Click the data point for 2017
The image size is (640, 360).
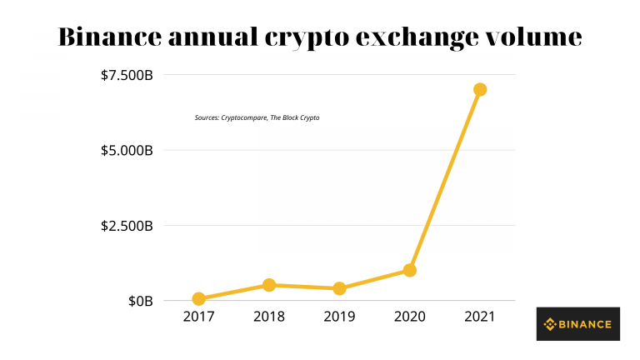pyautogui.click(x=198, y=298)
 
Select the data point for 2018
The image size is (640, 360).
pyautogui.click(x=269, y=285)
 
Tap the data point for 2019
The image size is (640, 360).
pyautogui.click(x=339, y=288)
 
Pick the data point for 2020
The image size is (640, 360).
pyautogui.click(x=409, y=270)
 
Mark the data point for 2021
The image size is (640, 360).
pyautogui.click(x=480, y=89)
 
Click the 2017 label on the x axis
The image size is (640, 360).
pyautogui.click(x=198, y=317)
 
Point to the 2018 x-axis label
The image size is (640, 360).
pyautogui.click(x=269, y=317)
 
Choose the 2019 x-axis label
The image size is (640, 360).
pyautogui.click(x=339, y=317)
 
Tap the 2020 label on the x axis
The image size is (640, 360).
pyautogui.click(x=409, y=317)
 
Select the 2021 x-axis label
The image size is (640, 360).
pyautogui.click(x=480, y=317)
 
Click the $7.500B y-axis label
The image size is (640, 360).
pyautogui.click(x=127, y=76)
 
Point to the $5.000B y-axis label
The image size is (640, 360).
pyautogui.click(x=127, y=151)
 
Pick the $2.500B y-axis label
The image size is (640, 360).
pyautogui.click(x=127, y=226)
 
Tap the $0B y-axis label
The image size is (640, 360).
pyautogui.click(x=140, y=301)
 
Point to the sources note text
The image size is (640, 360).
pyautogui.click(x=257, y=118)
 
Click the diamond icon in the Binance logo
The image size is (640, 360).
pyautogui.click(x=550, y=324)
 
